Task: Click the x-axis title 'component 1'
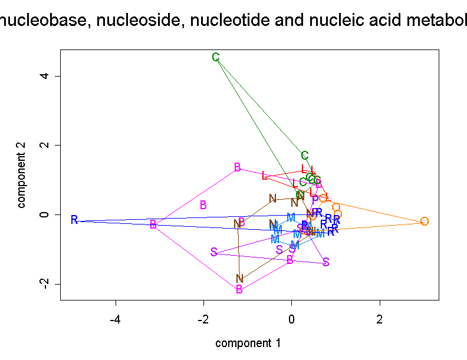(248, 343)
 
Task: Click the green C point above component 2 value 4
(216, 57)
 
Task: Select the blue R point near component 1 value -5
(74, 220)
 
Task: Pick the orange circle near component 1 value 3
(425, 221)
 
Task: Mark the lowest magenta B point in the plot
(239, 289)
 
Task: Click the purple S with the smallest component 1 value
(213, 252)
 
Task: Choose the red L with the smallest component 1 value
(265, 176)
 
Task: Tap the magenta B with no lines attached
(203, 205)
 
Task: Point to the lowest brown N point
(239, 278)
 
